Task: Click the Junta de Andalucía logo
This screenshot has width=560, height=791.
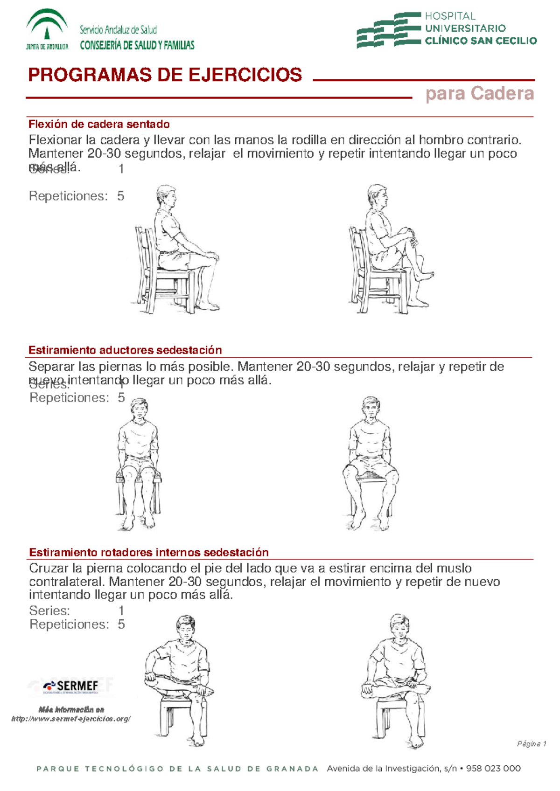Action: (47, 29)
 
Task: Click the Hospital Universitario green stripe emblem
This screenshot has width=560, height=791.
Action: (388, 30)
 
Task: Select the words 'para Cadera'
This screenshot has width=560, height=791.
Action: (479, 94)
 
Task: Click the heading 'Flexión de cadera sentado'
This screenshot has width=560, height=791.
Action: (99, 124)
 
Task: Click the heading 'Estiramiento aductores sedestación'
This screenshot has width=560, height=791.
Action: (125, 350)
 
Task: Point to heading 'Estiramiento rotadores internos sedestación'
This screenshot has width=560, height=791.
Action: (148, 553)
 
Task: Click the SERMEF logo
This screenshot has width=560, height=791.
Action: (71, 686)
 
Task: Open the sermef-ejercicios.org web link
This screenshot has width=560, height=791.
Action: (71, 719)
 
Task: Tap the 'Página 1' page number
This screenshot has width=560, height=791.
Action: (531, 744)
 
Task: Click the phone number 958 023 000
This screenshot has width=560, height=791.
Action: (493, 769)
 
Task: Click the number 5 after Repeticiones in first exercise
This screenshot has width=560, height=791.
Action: (120, 196)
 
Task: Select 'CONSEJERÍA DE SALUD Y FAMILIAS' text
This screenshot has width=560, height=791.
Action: (137, 45)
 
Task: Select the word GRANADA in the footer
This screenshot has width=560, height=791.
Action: (292, 769)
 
